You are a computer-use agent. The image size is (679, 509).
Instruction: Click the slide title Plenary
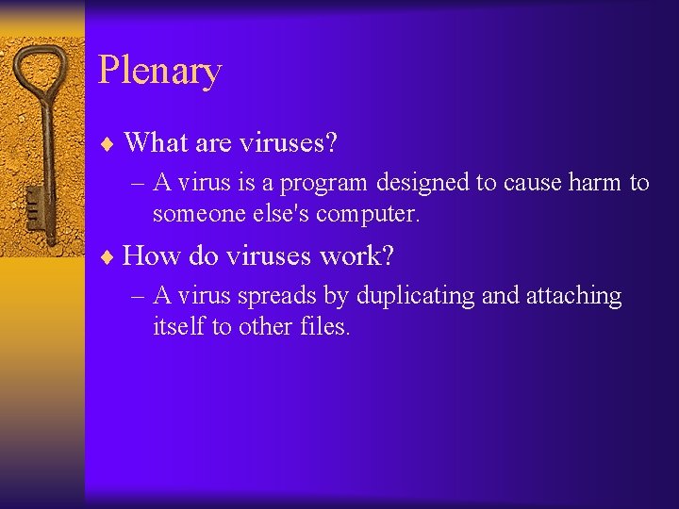click(159, 72)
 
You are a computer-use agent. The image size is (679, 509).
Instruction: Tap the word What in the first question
click(154, 143)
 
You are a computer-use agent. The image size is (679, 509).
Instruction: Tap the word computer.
click(367, 215)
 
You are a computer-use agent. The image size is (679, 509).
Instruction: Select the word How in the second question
click(152, 255)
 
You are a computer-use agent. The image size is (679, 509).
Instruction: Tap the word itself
click(177, 327)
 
